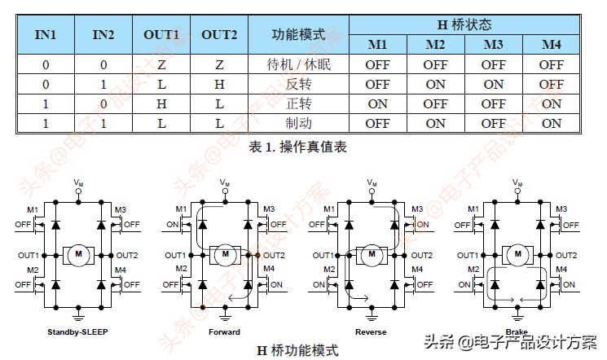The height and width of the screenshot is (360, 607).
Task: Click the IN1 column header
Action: pyautogui.click(x=45, y=34)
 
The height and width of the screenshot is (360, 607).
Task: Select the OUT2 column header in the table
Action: pyautogui.click(x=219, y=34)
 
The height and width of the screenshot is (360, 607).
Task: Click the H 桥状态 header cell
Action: pyautogui.click(x=464, y=24)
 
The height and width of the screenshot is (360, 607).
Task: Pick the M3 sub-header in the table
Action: pyautogui.click(x=494, y=44)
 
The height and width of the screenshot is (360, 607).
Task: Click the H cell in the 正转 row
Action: pyautogui.click(x=161, y=104)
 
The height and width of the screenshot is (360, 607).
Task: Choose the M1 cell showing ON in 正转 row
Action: pyautogui.click(x=377, y=104)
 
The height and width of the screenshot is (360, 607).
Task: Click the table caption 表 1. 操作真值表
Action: pyautogui.click(x=298, y=147)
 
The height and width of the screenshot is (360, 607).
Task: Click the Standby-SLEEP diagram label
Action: pyautogui.click(x=78, y=332)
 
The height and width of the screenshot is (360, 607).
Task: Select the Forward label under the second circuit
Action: pyautogui.click(x=224, y=332)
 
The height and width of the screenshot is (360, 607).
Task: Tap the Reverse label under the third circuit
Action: pyautogui.click(x=371, y=332)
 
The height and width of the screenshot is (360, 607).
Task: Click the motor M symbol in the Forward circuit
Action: pyautogui.click(x=225, y=255)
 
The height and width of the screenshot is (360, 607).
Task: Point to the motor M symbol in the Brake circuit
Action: pyautogui.click(x=517, y=255)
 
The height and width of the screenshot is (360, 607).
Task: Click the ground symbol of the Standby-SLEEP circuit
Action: pyautogui.click(x=78, y=314)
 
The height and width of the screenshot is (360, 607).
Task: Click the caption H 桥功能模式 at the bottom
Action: pyautogui.click(x=297, y=350)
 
